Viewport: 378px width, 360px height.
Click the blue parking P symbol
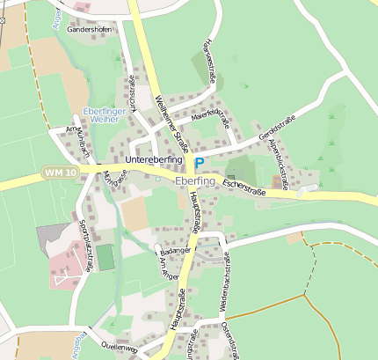point(200,163)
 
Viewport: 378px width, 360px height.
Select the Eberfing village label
point(195,180)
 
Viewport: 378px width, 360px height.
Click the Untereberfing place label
point(154,160)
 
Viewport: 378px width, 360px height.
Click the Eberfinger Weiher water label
point(106,114)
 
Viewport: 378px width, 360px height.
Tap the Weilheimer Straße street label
point(171,124)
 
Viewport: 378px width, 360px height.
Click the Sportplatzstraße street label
point(85,246)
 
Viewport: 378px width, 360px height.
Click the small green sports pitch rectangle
point(105,258)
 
